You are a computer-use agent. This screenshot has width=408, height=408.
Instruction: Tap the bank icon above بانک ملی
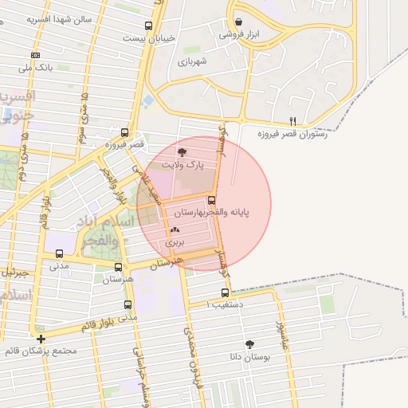pos(35,54)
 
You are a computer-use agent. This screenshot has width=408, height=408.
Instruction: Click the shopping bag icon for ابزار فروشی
pos(239,22)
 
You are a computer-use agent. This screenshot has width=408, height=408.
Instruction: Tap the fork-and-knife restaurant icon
pos(293,121)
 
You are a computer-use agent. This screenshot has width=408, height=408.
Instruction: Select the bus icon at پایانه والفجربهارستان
pos(211,200)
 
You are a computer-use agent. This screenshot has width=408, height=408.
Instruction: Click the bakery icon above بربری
pos(175,229)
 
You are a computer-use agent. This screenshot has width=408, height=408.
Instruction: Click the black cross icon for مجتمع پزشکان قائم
pos(41,339)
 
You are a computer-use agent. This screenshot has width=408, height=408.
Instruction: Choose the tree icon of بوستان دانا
pos(251,343)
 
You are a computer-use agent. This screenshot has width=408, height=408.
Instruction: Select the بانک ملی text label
pos(38,69)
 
